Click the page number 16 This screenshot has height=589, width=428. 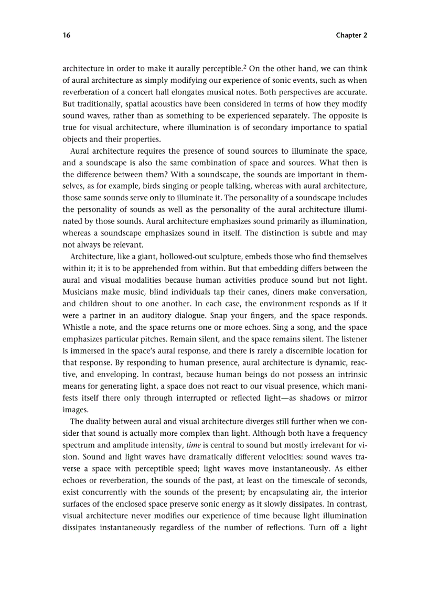click(66, 35)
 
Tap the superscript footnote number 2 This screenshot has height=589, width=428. click(244, 66)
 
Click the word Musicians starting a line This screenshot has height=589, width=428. click(80, 291)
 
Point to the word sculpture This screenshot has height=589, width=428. click(217, 256)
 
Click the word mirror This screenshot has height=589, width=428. click(356, 398)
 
